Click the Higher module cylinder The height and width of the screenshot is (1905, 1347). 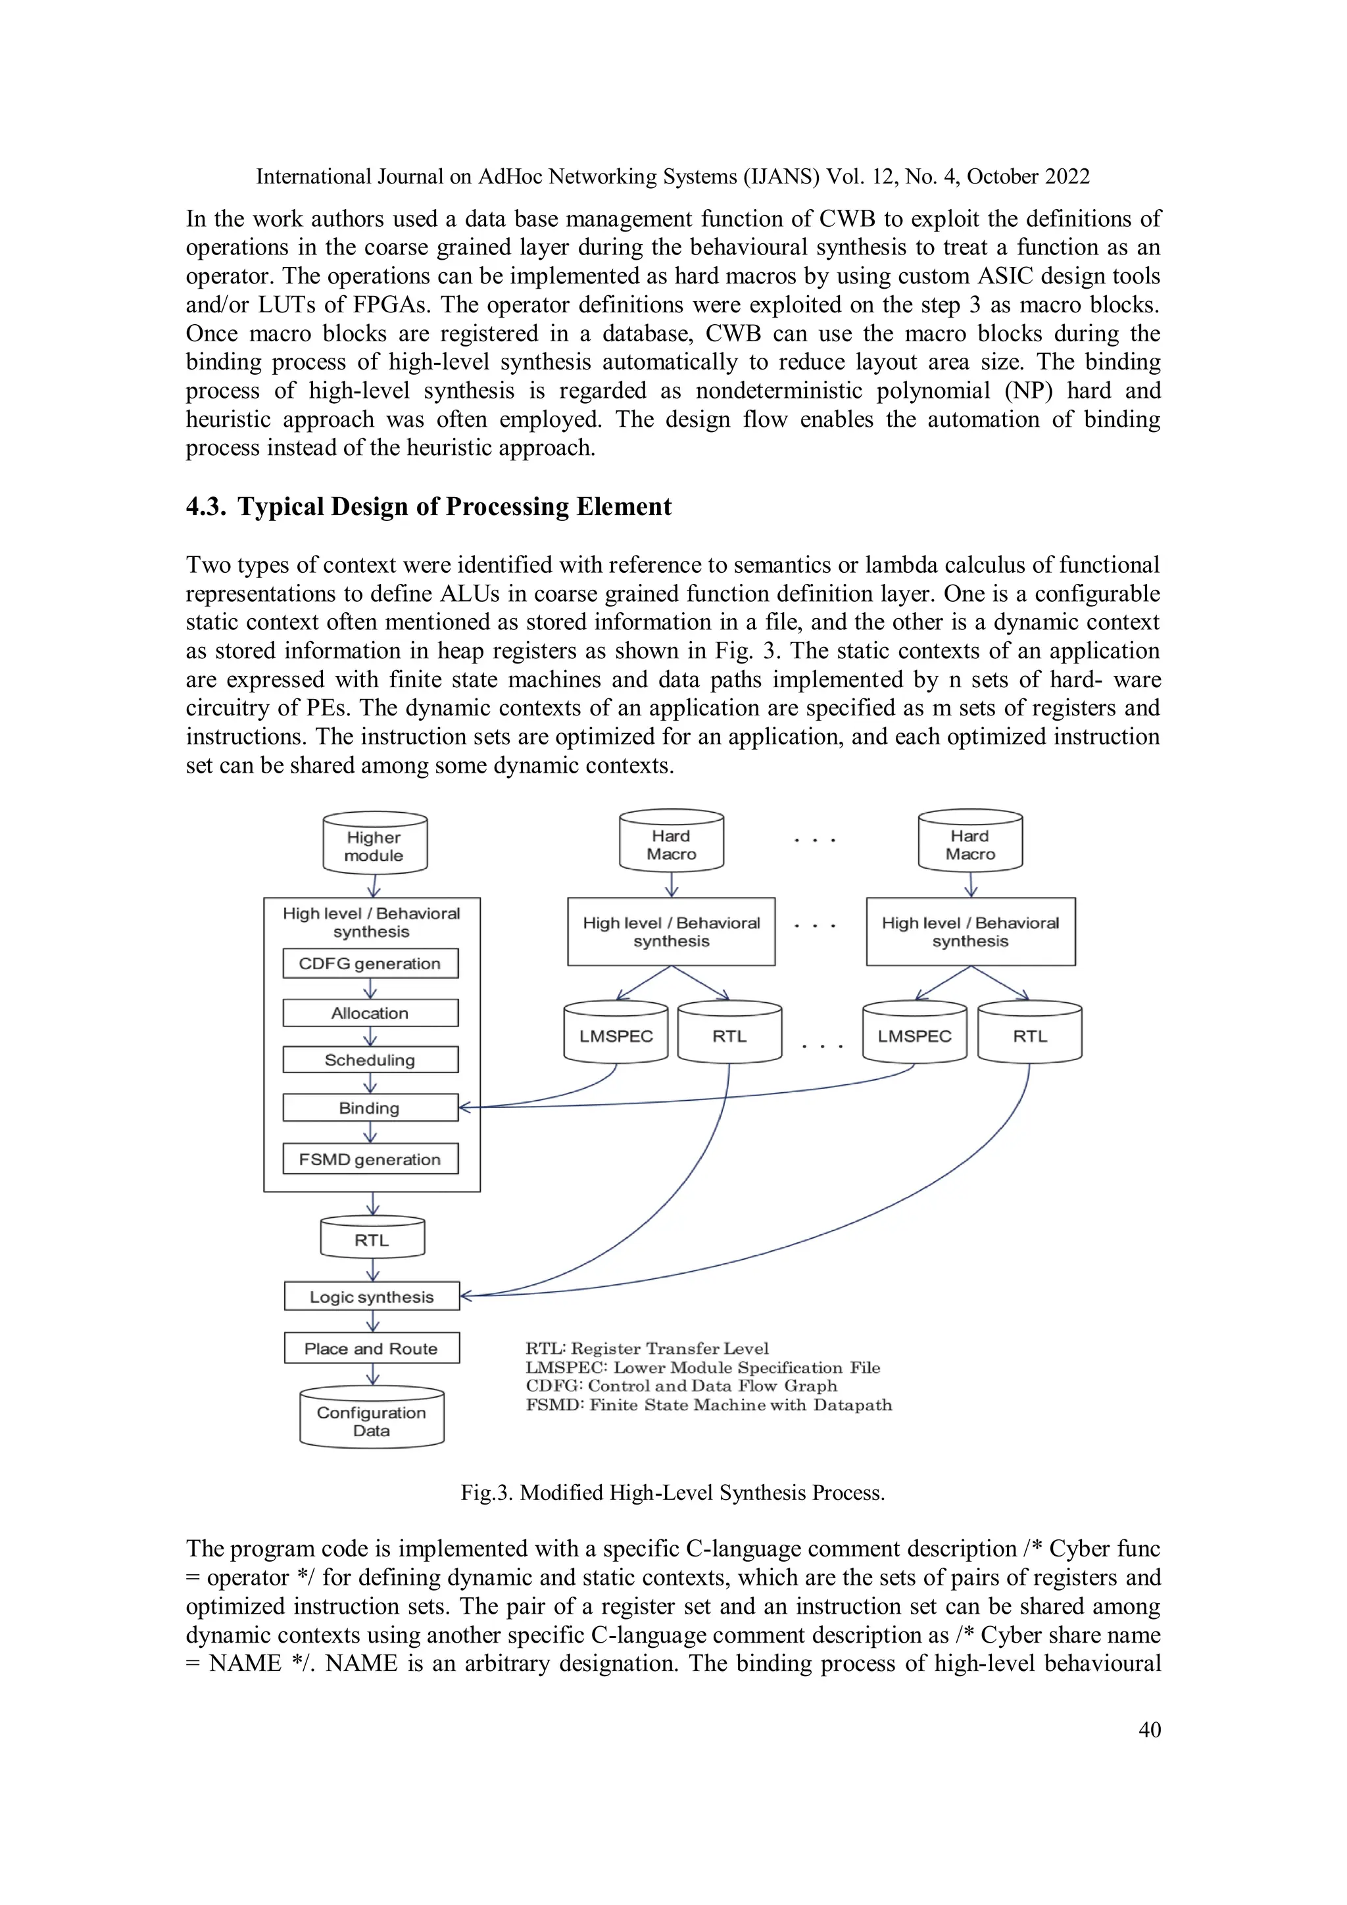[374, 844]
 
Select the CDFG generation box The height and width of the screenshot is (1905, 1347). [370, 963]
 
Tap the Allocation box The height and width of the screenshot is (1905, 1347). [370, 1013]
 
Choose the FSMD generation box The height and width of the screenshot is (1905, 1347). [370, 1159]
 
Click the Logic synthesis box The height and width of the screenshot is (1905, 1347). [371, 1297]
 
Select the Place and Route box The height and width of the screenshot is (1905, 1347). [371, 1348]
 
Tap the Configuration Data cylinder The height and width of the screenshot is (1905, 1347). [371, 1420]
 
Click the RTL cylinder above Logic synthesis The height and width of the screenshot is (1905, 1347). [372, 1240]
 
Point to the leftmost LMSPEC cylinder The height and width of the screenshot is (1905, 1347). [616, 1036]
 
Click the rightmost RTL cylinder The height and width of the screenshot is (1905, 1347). [1029, 1036]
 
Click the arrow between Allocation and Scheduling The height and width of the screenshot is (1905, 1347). [370, 1037]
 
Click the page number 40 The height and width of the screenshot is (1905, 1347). [1150, 1729]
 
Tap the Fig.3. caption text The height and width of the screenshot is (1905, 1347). [672, 1493]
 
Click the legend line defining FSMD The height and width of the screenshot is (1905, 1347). [708, 1405]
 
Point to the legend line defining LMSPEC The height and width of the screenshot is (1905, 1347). [702, 1367]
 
